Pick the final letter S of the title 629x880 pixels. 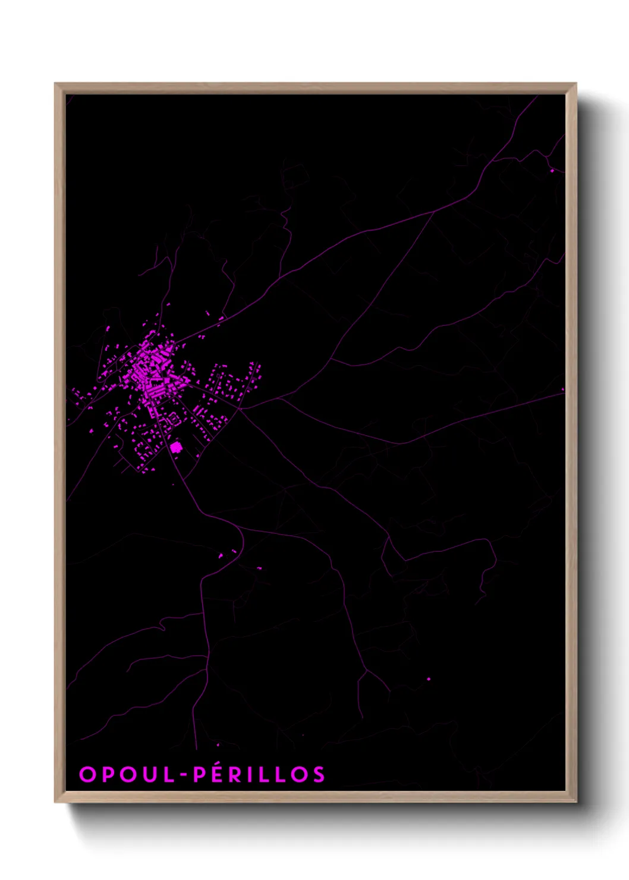click(320, 774)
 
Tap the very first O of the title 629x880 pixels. click(87, 774)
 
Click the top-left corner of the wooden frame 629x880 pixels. click(56, 84)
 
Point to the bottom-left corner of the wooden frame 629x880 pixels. click(56, 801)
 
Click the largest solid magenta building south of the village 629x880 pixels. click(175, 447)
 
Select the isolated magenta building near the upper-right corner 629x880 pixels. click(552, 171)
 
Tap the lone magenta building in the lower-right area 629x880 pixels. click(429, 678)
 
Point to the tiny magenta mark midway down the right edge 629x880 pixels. click(562, 390)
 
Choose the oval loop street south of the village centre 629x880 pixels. click(173, 419)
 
